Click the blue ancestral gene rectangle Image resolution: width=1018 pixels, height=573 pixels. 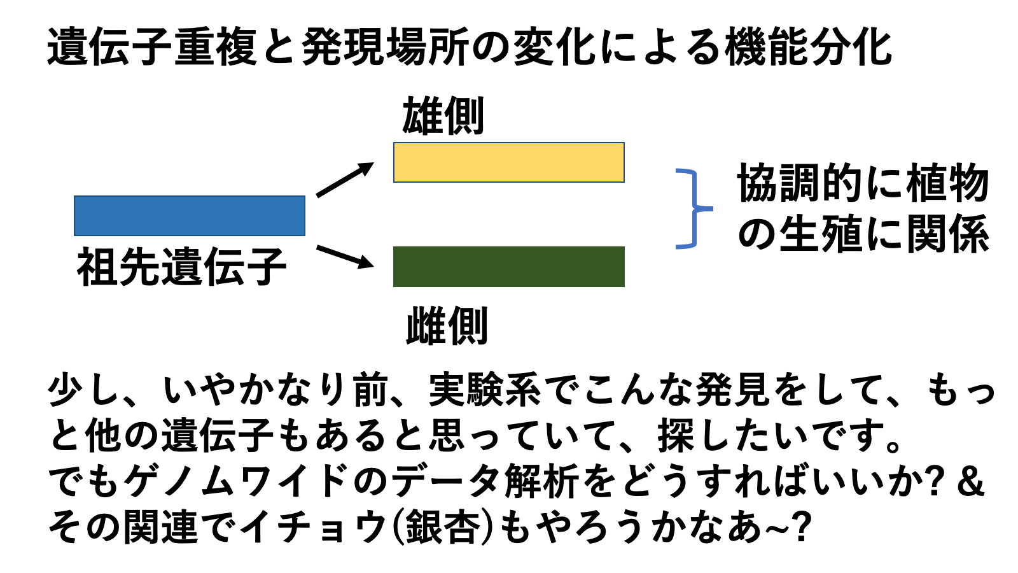[x=190, y=216]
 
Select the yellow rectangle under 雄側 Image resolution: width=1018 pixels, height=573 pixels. [x=509, y=162]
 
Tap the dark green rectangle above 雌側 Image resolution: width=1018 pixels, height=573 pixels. [x=509, y=267]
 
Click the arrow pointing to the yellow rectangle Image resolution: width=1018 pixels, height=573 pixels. [x=345, y=180]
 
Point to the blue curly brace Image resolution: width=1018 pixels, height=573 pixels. [x=694, y=209]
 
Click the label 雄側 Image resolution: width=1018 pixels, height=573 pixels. [x=443, y=117]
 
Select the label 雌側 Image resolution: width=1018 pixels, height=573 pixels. [x=447, y=325]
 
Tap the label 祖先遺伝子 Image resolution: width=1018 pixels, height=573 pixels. [x=182, y=267]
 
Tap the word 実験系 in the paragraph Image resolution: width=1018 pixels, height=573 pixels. [x=485, y=390]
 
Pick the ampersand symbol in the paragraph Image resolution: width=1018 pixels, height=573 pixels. [x=970, y=481]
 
